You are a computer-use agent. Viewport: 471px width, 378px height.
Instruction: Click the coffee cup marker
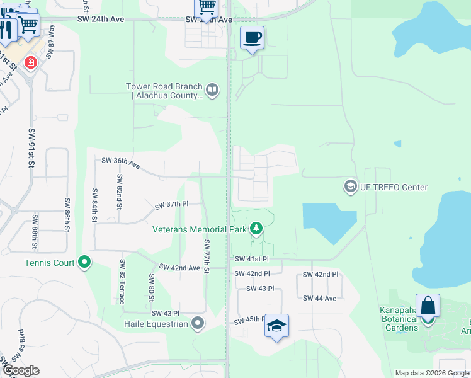coord(252,38)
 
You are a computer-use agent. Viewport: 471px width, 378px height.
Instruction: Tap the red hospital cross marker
coord(30,63)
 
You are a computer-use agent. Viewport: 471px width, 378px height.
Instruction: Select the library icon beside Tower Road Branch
coord(212,91)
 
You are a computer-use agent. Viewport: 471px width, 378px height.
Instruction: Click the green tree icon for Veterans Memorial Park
coord(256,229)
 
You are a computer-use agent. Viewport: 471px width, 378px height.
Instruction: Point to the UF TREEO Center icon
coord(349,186)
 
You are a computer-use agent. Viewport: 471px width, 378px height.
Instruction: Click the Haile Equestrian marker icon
coord(198,324)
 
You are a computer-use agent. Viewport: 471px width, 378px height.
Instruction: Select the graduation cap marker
coord(276,326)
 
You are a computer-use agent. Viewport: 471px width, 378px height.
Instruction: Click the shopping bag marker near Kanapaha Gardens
coord(428,306)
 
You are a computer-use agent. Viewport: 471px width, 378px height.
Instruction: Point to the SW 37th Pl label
coord(172,205)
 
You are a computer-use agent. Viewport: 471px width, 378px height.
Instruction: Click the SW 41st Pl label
coord(251,259)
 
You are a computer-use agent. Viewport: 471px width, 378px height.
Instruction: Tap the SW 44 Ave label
coord(320,298)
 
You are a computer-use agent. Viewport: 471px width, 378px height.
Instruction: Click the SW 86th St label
coord(65,214)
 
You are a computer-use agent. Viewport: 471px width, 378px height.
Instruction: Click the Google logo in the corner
coord(20,370)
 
